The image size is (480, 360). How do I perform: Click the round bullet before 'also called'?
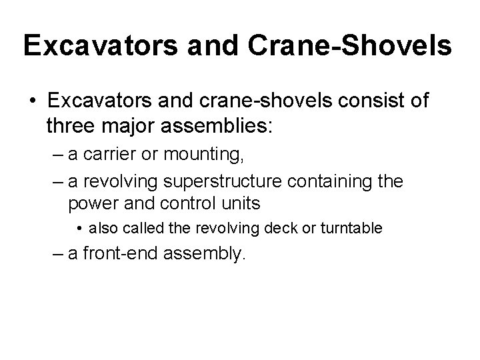click(x=80, y=229)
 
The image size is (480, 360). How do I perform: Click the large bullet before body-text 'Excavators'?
click(x=32, y=102)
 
